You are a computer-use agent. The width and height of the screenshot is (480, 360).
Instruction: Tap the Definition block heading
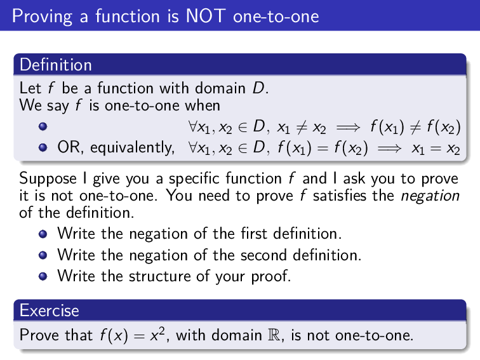55,65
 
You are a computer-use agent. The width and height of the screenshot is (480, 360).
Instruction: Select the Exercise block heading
49,310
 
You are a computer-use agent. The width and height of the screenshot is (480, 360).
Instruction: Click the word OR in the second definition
68,149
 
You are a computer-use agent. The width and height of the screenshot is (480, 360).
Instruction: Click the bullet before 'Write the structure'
43,277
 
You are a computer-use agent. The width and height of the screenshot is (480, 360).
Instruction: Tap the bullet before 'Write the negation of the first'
43,234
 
